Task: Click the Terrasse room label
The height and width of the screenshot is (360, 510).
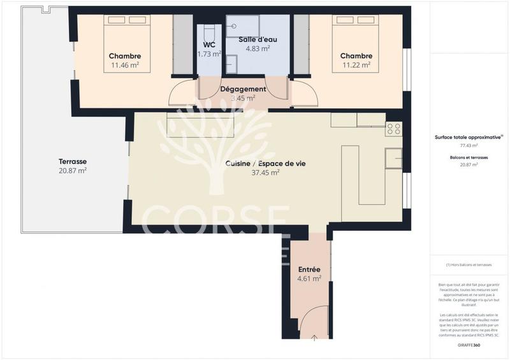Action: tap(72, 161)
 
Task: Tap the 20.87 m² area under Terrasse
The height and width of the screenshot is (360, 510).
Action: tap(72, 171)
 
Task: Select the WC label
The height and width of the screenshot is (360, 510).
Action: tap(209, 44)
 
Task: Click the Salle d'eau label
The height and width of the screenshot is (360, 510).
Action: tap(254, 39)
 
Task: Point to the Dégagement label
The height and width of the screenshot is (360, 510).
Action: tap(243, 89)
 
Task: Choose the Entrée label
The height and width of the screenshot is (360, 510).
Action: tap(309, 270)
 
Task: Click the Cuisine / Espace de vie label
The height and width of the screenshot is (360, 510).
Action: tap(265, 163)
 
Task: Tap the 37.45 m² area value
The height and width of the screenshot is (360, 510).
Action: tap(265, 173)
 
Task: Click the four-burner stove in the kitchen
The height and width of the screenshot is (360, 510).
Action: tap(393, 129)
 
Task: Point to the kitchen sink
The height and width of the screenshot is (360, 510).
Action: tap(394, 158)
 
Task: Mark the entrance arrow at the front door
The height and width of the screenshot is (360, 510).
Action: tap(314, 337)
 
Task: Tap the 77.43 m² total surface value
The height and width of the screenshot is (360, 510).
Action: tap(469, 146)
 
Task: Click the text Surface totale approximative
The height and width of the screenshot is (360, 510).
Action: tap(468, 136)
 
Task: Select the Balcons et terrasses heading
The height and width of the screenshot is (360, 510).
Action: tap(469, 156)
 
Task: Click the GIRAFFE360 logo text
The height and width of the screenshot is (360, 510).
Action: tap(469, 344)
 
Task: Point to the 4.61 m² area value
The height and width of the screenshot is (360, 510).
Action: tap(309, 279)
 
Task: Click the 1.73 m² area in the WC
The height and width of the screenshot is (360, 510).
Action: tap(209, 54)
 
